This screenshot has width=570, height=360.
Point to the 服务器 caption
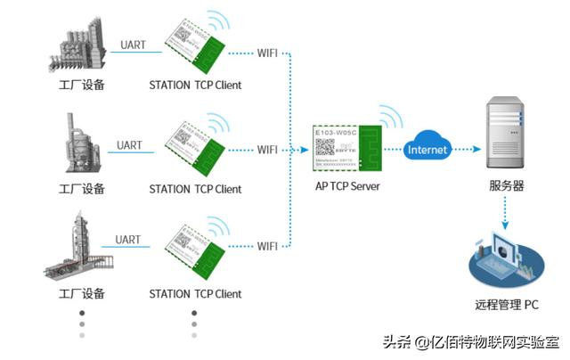pyautogui.click(x=506, y=188)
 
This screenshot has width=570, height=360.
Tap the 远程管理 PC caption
pyautogui.click(x=506, y=305)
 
